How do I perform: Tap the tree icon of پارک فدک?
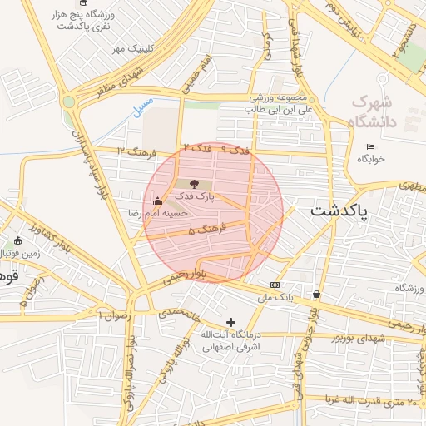click(x=194, y=183)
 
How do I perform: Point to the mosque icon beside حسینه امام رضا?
click(x=157, y=201)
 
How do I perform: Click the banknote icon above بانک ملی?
click(x=275, y=285)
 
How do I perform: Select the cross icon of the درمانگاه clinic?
click(x=230, y=322)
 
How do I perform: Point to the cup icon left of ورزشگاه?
click(x=317, y=294)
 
